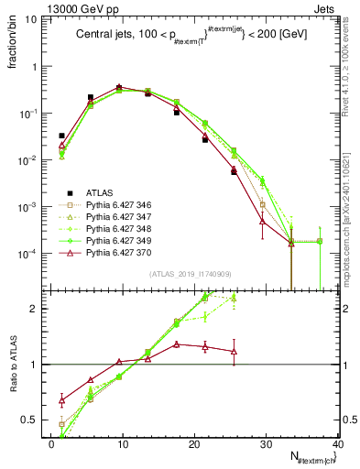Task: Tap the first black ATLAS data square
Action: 61,136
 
